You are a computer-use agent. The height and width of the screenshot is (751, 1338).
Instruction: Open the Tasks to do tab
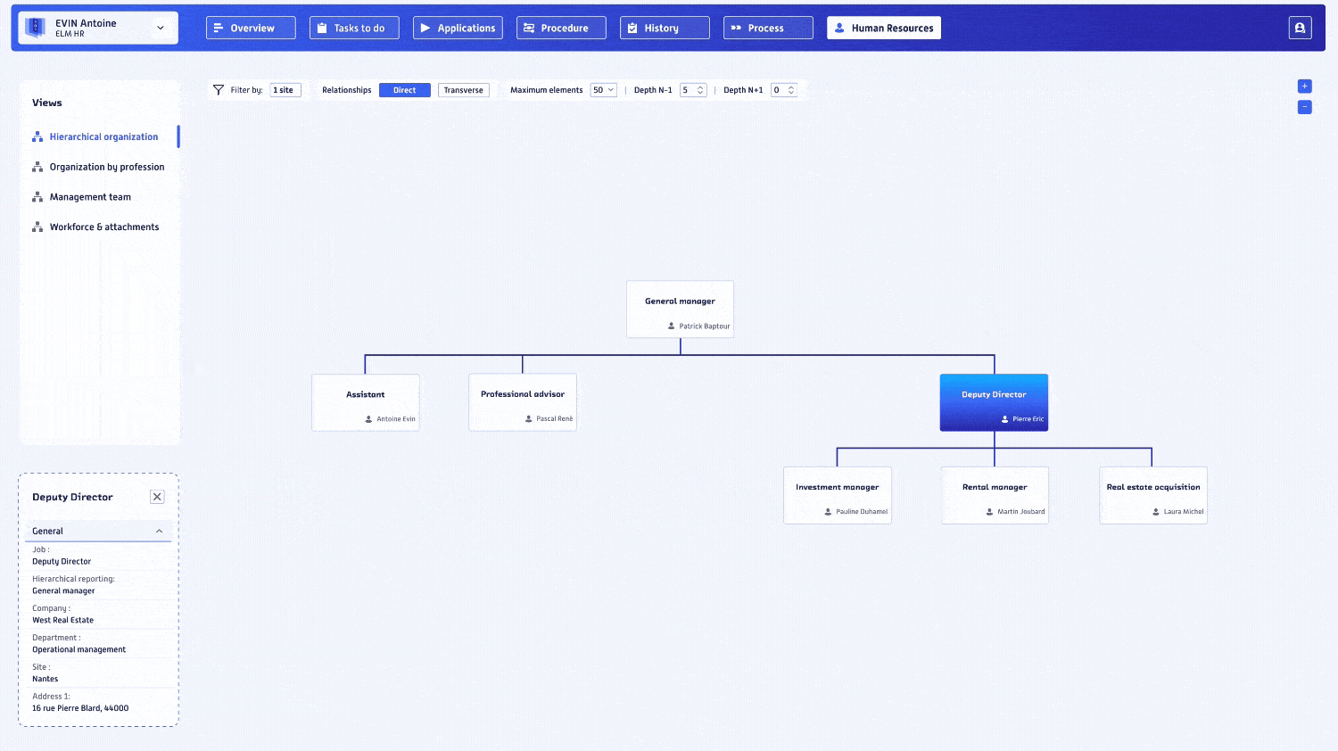354,28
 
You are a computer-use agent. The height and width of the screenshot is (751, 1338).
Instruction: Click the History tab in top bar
665,28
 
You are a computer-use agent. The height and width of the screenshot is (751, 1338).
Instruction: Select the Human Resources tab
883,28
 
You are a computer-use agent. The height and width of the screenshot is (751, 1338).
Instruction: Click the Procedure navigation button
561,28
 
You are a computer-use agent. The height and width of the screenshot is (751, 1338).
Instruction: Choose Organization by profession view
106,167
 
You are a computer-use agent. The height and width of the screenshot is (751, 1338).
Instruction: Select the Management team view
90,197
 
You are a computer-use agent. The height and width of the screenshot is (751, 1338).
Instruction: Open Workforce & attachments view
103,227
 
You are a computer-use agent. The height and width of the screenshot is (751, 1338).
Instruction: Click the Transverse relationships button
463,90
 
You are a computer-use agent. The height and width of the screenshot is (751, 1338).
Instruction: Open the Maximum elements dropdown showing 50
603,90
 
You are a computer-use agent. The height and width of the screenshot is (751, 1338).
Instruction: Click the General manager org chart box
680,309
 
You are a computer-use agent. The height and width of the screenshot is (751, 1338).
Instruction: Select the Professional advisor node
523,402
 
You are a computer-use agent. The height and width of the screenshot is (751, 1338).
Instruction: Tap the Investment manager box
837,495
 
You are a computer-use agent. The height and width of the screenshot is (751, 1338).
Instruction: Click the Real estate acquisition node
1152,495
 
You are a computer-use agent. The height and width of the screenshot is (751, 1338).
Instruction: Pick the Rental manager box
995,495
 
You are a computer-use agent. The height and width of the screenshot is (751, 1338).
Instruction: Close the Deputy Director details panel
157,497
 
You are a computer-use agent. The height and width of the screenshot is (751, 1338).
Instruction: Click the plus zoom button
1304,87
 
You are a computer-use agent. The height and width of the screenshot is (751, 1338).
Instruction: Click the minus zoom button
1304,107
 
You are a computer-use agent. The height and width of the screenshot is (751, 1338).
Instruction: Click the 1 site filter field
285,90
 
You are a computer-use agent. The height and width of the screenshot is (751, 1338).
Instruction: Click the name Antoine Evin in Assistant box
395,419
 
